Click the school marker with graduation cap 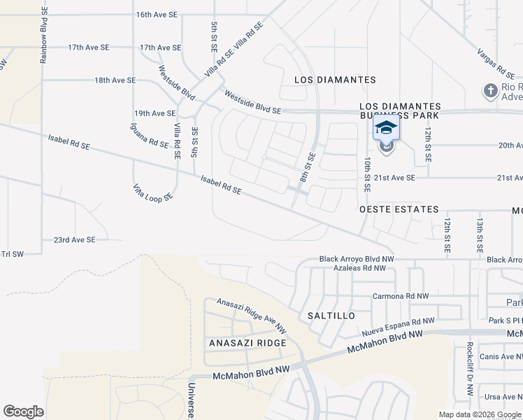(x=385, y=128)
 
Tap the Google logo (x=23, y=412)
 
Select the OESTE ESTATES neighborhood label (x=399, y=209)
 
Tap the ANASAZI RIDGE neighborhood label (x=248, y=343)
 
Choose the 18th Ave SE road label (x=115, y=80)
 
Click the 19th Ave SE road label (x=155, y=113)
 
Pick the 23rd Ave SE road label (x=75, y=240)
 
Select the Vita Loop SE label (x=152, y=193)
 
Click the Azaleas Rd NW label (x=359, y=268)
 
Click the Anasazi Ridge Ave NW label (x=252, y=316)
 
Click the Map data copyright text (x=480, y=414)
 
